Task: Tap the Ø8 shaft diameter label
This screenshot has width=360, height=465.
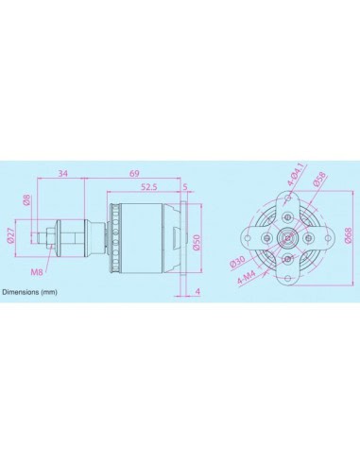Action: (26, 200)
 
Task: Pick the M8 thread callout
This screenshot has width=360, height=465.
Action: (37, 271)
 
